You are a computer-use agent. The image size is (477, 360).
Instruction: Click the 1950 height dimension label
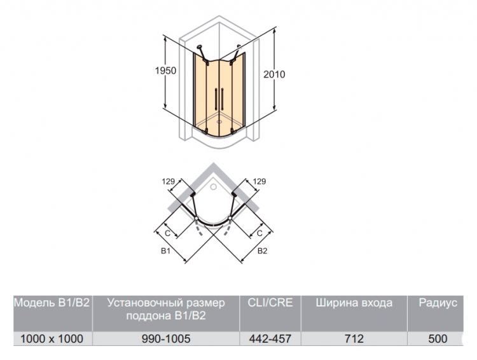click(x=165, y=71)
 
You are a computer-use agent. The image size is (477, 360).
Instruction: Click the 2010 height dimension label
click(x=274, y=74)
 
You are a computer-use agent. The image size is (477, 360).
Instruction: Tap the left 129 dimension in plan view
click(x=169, y=182)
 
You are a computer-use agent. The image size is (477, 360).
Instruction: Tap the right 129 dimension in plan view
click(x=259, y=182)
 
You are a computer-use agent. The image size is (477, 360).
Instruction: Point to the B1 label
click(x=165, y=251)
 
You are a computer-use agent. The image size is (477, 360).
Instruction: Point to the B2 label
click(x=262, y=251)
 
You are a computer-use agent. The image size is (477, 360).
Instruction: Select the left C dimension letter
click(x=167, y=233)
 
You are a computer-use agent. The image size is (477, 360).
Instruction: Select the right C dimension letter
click(x=259, y=233)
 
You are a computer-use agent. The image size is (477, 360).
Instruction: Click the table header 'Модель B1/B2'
click(x=52, y=303)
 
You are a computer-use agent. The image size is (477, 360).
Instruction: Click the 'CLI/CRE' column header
click(x=270, y=303)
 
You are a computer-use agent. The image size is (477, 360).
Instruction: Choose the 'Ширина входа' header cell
click(x=354, y=303)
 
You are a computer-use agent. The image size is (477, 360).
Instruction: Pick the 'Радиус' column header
click(x=438, y=303)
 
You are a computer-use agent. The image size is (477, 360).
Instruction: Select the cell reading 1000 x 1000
click(x=52, y=339)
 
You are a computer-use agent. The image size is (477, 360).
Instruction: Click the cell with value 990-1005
click(x=166, y=339)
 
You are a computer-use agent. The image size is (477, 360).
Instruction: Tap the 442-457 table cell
click(x=270, y=339)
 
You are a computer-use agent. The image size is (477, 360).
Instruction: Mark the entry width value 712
click(x=354, y=339)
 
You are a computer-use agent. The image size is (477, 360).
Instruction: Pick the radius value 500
click(x=438, y=339)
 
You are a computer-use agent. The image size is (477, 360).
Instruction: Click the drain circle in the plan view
click(x=214, y=186)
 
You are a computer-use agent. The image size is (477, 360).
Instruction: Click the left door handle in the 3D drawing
click(x=216, y=99)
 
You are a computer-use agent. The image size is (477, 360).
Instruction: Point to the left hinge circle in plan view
click(x=197, y=219)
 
